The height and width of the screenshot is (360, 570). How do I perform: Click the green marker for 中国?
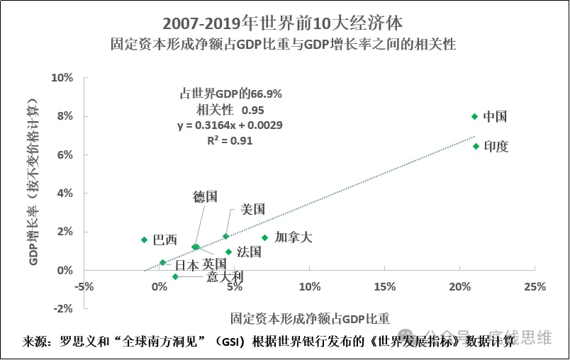474,116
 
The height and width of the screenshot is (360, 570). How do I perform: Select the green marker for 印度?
476,146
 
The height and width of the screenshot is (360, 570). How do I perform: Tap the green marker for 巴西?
144,240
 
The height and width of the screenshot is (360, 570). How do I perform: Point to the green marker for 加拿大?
265,238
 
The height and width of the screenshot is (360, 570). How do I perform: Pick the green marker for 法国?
228,252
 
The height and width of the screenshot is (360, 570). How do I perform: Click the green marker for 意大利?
175,276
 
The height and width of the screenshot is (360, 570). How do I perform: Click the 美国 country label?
253,209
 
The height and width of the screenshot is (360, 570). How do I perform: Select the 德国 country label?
205,197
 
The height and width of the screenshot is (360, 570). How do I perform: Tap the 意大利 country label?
224,276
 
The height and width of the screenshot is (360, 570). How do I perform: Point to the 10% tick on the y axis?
63,77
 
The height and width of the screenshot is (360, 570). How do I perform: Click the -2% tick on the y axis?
63,308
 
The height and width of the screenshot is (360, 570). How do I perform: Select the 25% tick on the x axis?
535,287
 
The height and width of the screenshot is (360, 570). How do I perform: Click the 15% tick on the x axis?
384,287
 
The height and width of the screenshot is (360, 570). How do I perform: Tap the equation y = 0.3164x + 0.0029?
230,125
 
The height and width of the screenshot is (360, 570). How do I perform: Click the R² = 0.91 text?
230,140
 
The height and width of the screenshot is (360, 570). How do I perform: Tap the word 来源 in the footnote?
33,341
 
